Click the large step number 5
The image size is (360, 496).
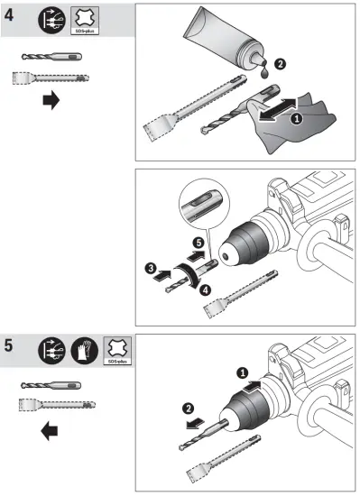click(x=13, y=347)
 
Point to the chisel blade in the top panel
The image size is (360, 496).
click(x=160, y=144)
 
